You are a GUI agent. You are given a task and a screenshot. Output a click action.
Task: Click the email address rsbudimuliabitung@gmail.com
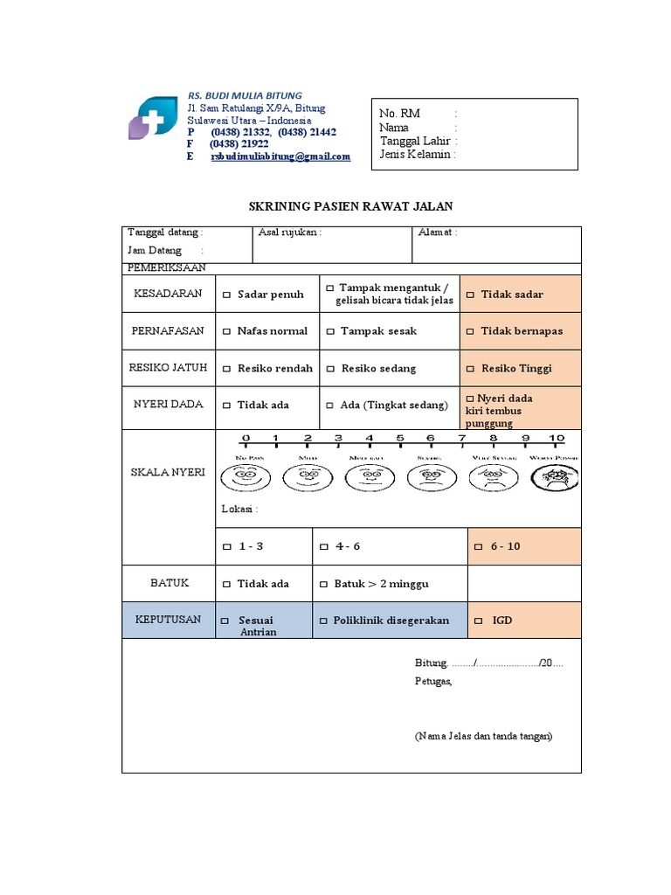click(x=280, y=156)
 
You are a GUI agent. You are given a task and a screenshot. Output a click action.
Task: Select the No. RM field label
click(x=400, y=114)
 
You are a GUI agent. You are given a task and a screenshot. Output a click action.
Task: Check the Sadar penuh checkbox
click(x=227, y=295)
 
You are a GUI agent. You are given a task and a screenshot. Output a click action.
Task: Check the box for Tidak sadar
click(x=471, y=295)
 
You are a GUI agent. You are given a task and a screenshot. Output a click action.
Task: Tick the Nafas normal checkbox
click(x=227, y=331)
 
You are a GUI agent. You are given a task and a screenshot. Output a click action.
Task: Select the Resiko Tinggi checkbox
click(x=471, y=369)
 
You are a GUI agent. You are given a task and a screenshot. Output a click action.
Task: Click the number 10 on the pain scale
click(x=557, y=438)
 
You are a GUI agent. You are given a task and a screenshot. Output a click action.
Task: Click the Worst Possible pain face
click(x=557, y=476)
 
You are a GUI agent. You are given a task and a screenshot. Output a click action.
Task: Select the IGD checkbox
click(x=478, y=621)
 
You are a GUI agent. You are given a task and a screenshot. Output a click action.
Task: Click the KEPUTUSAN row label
click(x=169, y=620)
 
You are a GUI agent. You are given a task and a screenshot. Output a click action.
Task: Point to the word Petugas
click(x=433, y=682)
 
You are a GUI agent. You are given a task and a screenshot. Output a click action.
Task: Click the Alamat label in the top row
click(x=438, y=232)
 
